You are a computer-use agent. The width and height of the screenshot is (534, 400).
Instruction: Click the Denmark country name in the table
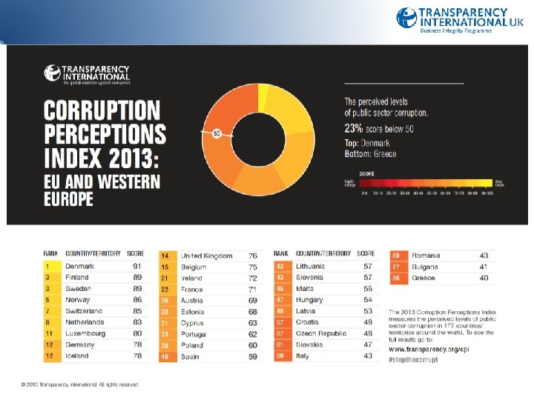(79, 266)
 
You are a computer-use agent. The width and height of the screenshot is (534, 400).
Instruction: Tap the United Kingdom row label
(206, 256)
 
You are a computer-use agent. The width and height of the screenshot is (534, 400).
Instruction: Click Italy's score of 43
(368, 356)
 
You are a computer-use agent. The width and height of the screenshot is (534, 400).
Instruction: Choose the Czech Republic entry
(320, 333)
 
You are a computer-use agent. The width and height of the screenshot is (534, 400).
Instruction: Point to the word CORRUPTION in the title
(102, 112)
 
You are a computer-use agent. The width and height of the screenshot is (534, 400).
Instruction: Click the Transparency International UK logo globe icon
(406, 18)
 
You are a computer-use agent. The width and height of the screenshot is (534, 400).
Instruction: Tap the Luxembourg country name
(85, 333)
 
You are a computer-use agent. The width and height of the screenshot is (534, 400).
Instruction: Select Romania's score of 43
(484, 256)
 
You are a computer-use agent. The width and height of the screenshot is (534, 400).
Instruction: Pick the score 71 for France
(253, 289)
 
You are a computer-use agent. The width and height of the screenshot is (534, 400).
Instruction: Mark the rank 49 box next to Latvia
(280, 311)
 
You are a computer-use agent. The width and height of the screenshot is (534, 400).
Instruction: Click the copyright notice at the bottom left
(80, 384)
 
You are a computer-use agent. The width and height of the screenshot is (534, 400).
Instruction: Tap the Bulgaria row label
(425, 267)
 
